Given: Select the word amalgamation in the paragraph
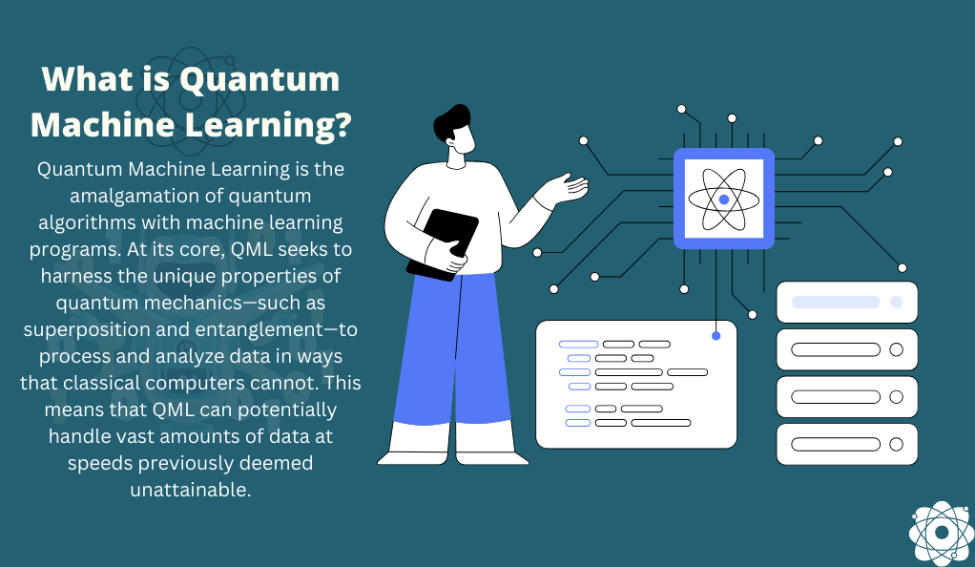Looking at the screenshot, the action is (x=146, y=197).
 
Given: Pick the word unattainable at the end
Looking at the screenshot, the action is (x=190, y=490).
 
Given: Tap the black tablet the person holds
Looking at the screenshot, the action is (x=442, y=244).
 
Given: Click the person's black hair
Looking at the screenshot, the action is (x=451, y=122).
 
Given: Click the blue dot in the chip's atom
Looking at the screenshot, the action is (x=724, y=199).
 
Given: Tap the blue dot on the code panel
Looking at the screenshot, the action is (x=716, y=336).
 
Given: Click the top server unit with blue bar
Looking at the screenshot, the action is (x=847, y=302).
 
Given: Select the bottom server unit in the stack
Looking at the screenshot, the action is (x=847, y=444).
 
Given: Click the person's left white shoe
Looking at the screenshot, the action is (x=413, y=458).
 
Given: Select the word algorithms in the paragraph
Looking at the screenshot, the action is (x=88, y=222).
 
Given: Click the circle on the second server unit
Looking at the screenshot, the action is (x=896, y=349).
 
